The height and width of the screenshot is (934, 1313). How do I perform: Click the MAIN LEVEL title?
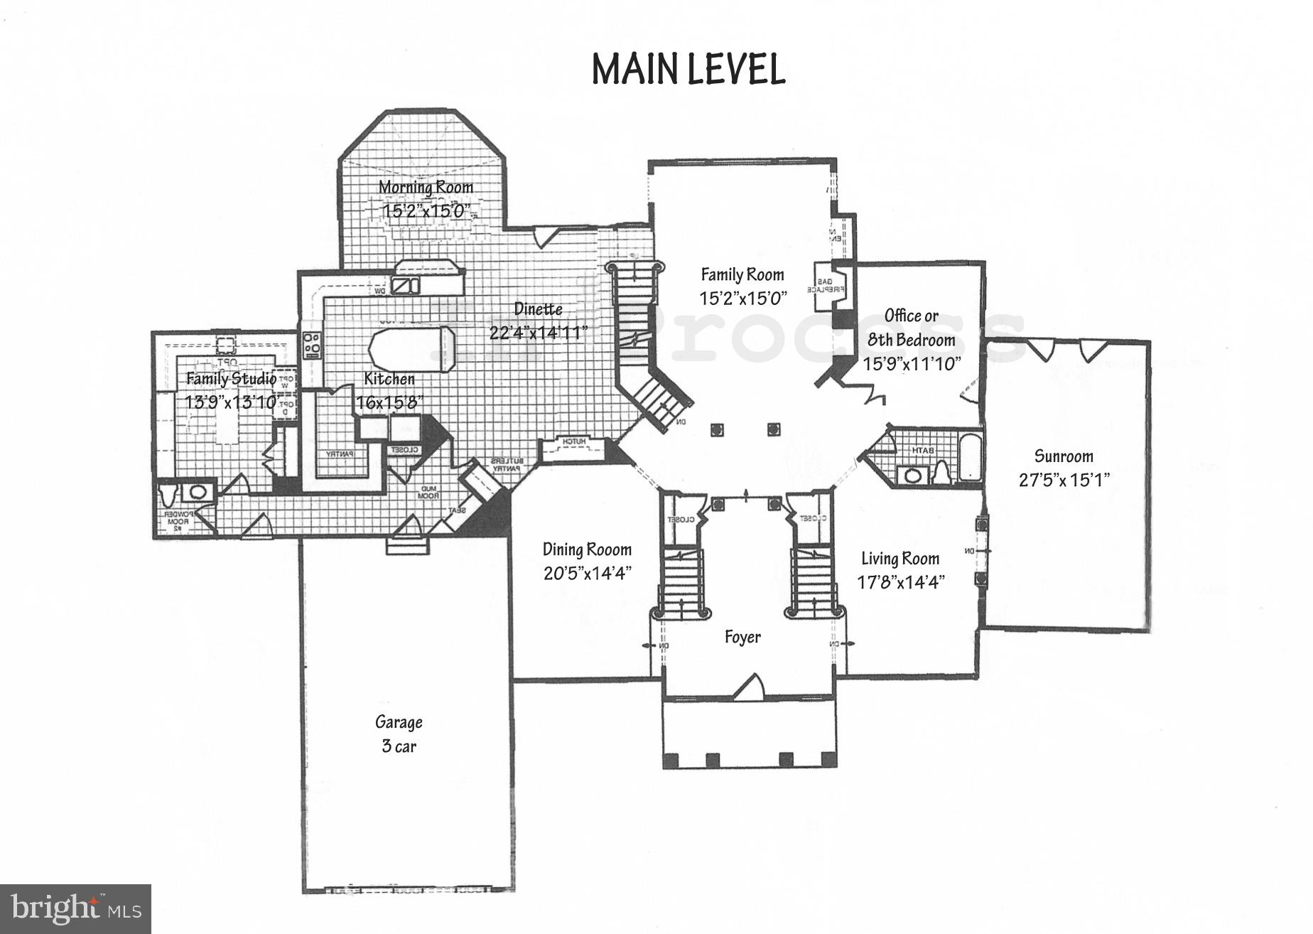click(x=688, y=70)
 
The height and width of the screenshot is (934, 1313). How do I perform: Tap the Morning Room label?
click(x=426, y=187)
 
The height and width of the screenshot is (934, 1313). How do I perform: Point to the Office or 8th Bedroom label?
click(x=912, y=327)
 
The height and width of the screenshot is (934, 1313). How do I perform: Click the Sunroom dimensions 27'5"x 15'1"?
click(x=1064, y=480)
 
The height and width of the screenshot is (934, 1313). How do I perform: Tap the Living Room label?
click(x=900, y=559)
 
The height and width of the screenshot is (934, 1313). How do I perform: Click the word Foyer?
click(x=742, y=637)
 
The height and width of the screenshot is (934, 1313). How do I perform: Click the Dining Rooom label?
click(x=587, y=549)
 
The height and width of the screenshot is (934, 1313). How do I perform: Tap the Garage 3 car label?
click(x=399, y=734)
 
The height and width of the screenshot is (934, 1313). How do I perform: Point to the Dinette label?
click(x=538, y=308)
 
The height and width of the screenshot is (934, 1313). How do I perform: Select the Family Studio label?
click(x=231, y=378)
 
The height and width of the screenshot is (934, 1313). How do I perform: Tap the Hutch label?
click(x=574, y=442)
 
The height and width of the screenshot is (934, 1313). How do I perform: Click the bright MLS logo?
click(x=75, y=908)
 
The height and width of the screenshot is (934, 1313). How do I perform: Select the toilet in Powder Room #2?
click(x=168, y=493)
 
